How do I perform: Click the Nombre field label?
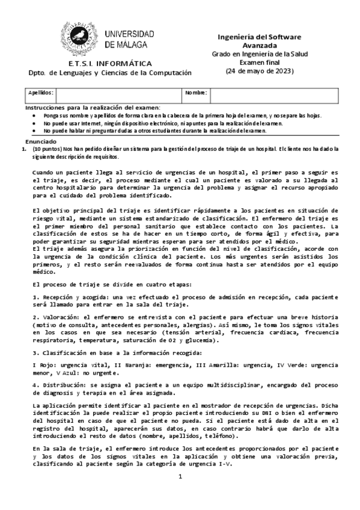[x=196, y=93]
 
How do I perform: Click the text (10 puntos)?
[x=46, y=148]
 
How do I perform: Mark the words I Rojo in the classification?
[x=43, y=364]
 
